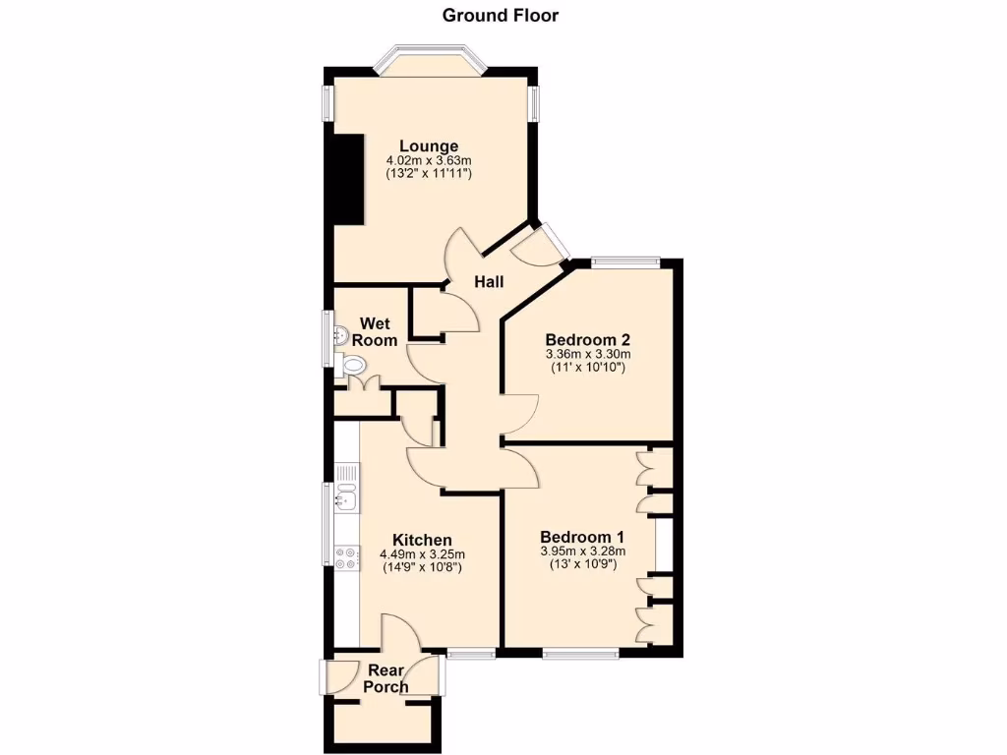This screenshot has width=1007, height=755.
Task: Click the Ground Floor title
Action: pos(501,15)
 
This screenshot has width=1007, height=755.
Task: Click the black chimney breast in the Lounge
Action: pos(347,177)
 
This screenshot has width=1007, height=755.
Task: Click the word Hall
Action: pos(489,282)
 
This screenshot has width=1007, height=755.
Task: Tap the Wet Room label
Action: pos(378,331)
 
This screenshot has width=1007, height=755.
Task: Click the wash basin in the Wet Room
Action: pos(339,334)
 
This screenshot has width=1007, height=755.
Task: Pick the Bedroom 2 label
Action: pos(587,339)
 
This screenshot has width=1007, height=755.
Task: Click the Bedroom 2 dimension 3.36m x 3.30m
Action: pos(587,354)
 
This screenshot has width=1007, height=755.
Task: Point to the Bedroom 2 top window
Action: pos(626,261)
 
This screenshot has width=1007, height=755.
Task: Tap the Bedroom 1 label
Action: pos(582,537)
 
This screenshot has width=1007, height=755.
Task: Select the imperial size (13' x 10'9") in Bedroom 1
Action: pos(582,564)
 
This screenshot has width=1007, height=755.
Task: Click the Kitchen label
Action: pos(422,540)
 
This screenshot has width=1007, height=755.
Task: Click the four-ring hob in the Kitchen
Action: pos(346,558)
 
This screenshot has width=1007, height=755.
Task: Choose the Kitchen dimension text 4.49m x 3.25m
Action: pos(422,554)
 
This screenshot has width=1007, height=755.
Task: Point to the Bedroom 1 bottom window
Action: pos(580,653)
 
